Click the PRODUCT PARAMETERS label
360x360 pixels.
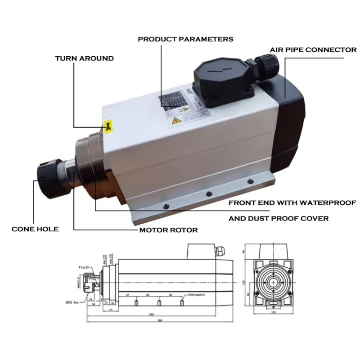pyautogui.click(x=185, y=39)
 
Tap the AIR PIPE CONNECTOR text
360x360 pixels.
pyautogui.click(x=313, y=49)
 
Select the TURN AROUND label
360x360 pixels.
pyautogui.click(x=84, y=58)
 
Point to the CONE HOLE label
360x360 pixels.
pyautogui.click(x=35, y=229)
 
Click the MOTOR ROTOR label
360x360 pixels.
pyautogui.click(x=168, y=230)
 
